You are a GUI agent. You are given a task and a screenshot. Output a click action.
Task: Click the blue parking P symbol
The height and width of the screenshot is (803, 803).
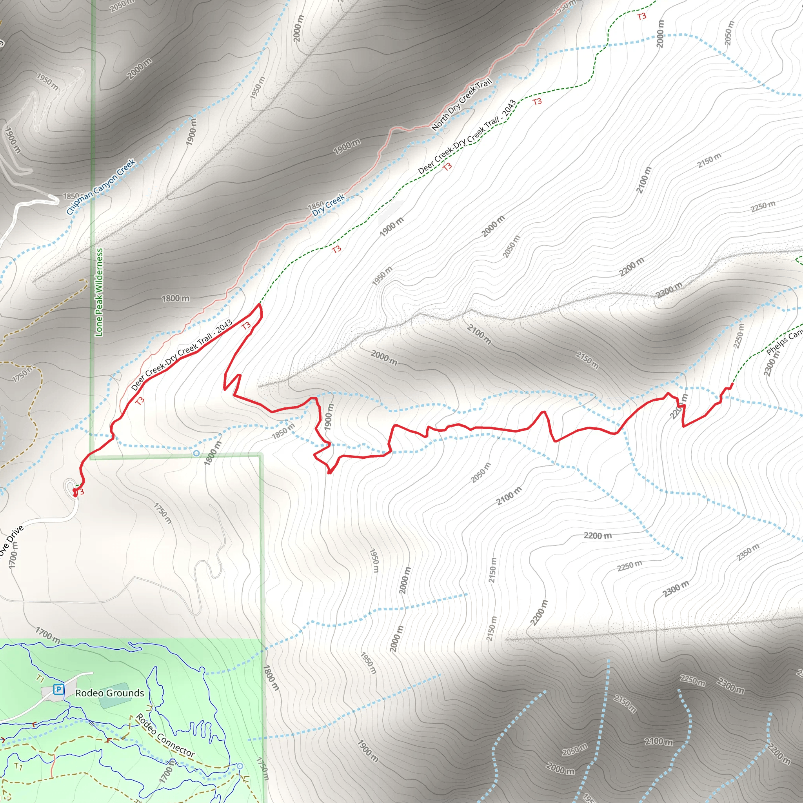point(58,690)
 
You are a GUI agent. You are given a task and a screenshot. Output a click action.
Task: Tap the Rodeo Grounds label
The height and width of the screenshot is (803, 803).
point(109,693)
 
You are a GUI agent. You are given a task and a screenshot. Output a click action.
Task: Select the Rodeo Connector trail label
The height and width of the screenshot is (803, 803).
point(165,735)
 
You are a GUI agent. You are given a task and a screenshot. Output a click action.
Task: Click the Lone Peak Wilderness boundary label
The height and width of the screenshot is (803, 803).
point(99,292)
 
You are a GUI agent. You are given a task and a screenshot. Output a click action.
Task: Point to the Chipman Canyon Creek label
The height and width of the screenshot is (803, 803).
point(101,187)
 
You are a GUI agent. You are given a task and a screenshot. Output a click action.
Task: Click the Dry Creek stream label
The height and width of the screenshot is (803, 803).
point(328,205)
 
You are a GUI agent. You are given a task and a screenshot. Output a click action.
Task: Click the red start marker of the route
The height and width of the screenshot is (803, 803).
point(75,493)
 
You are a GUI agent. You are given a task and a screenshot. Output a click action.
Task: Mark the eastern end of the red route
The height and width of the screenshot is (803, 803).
point(732,384)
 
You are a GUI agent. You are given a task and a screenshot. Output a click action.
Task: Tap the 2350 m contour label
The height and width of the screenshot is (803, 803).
point(748,552)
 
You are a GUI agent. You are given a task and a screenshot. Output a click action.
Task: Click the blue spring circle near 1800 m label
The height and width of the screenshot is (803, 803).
point(196,453)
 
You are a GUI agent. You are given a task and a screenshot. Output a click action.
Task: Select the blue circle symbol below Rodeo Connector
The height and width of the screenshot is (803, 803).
point(240,766)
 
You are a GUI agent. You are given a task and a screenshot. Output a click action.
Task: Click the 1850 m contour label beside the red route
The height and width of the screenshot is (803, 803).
point(283,431)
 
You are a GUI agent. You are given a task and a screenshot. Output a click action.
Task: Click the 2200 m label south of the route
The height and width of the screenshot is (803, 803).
point(597,535)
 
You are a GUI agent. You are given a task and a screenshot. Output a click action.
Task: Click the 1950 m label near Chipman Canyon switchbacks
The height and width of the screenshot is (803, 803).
point(47,82)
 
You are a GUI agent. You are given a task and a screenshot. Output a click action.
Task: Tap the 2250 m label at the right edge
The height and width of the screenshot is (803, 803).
point(763,206)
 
